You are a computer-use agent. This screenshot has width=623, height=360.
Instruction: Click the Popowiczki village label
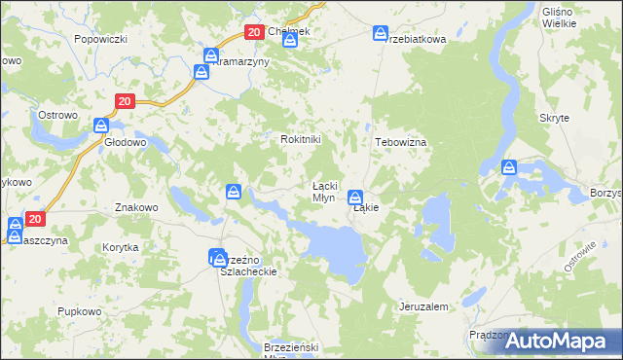coord(101,40)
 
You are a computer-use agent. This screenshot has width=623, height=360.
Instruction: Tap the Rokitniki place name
coord(300,140)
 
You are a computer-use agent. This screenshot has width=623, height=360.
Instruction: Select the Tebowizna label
coord(401,142)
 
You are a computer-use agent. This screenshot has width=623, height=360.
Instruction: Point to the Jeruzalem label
coord(423,306)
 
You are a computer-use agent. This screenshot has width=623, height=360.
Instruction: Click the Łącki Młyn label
coord(324,192)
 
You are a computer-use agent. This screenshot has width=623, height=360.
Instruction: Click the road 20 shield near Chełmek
coord(253,32)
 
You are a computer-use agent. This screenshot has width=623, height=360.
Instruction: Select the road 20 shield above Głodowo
coord(124,101)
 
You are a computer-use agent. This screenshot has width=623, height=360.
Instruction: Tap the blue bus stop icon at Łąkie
coord(355,196)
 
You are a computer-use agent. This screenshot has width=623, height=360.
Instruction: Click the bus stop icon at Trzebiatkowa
coord(381,34)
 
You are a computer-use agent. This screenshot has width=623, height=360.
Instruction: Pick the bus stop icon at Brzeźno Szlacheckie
coord(216,257)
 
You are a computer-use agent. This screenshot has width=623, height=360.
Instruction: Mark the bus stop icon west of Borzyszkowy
coord(509,167)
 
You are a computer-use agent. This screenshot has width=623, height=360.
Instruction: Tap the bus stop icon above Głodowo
coord(101,125)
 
